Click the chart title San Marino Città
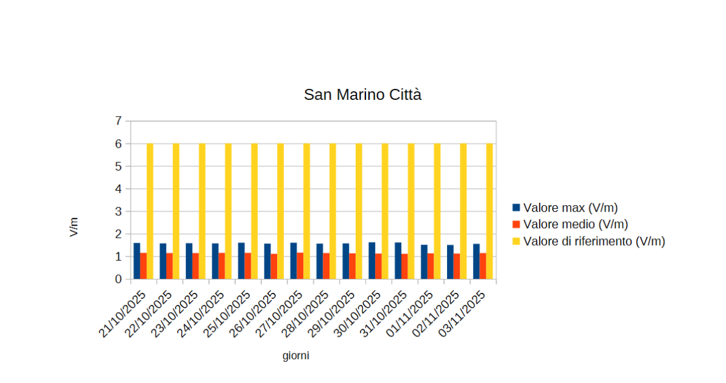(x=362, y=95)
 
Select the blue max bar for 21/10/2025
(x=137, y=261)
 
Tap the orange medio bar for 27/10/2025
(x=300, y=266)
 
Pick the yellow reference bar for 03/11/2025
(x=489, y=211)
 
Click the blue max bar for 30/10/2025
(x=371, y=261)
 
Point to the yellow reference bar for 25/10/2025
(x=254, y=211)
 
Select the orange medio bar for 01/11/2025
(x=430, y=267)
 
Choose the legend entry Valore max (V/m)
(x=571, y=208)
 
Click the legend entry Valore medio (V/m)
(x=575, y=224)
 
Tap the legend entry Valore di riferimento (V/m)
(x=594, y=241)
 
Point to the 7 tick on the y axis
(x=118, y=121)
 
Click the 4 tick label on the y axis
(x=118, y=189)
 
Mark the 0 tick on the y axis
(x=118, y=280)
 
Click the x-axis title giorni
(x=296, y=356)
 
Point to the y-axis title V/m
(x=74, y=228)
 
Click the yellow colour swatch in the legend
(x=516, y=241)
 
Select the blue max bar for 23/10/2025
(x=189, y=261)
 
